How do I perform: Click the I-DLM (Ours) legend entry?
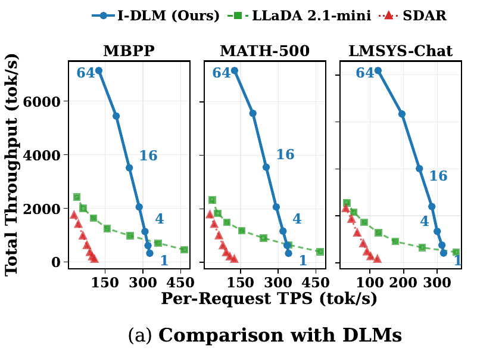[156, 16]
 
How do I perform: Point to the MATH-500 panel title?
[264, 51]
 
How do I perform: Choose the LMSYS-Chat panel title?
[400, 51]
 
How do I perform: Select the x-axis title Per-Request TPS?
[269, 299]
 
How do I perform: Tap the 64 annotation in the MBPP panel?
[86, 73]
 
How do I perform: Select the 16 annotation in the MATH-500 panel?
[285, 155]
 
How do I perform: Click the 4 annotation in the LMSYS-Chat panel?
[424, 222]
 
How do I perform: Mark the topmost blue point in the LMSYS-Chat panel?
[378, 70]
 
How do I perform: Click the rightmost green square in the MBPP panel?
[184, 250]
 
